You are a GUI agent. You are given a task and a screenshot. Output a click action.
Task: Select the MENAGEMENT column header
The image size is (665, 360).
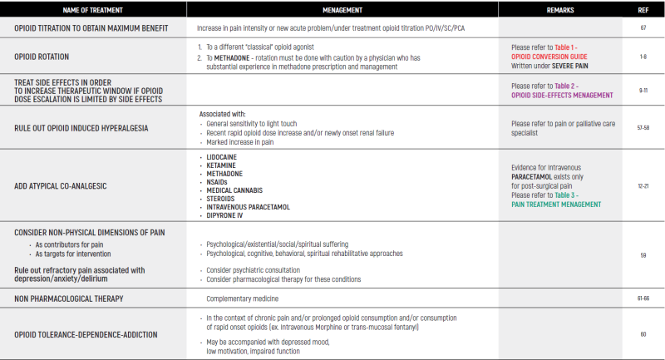342,9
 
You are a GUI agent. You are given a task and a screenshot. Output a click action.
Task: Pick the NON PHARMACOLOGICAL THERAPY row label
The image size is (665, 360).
69,298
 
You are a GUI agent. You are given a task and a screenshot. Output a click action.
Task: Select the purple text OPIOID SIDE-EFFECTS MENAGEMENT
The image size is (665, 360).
562,96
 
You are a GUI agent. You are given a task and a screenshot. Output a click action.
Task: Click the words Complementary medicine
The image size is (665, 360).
243,298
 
